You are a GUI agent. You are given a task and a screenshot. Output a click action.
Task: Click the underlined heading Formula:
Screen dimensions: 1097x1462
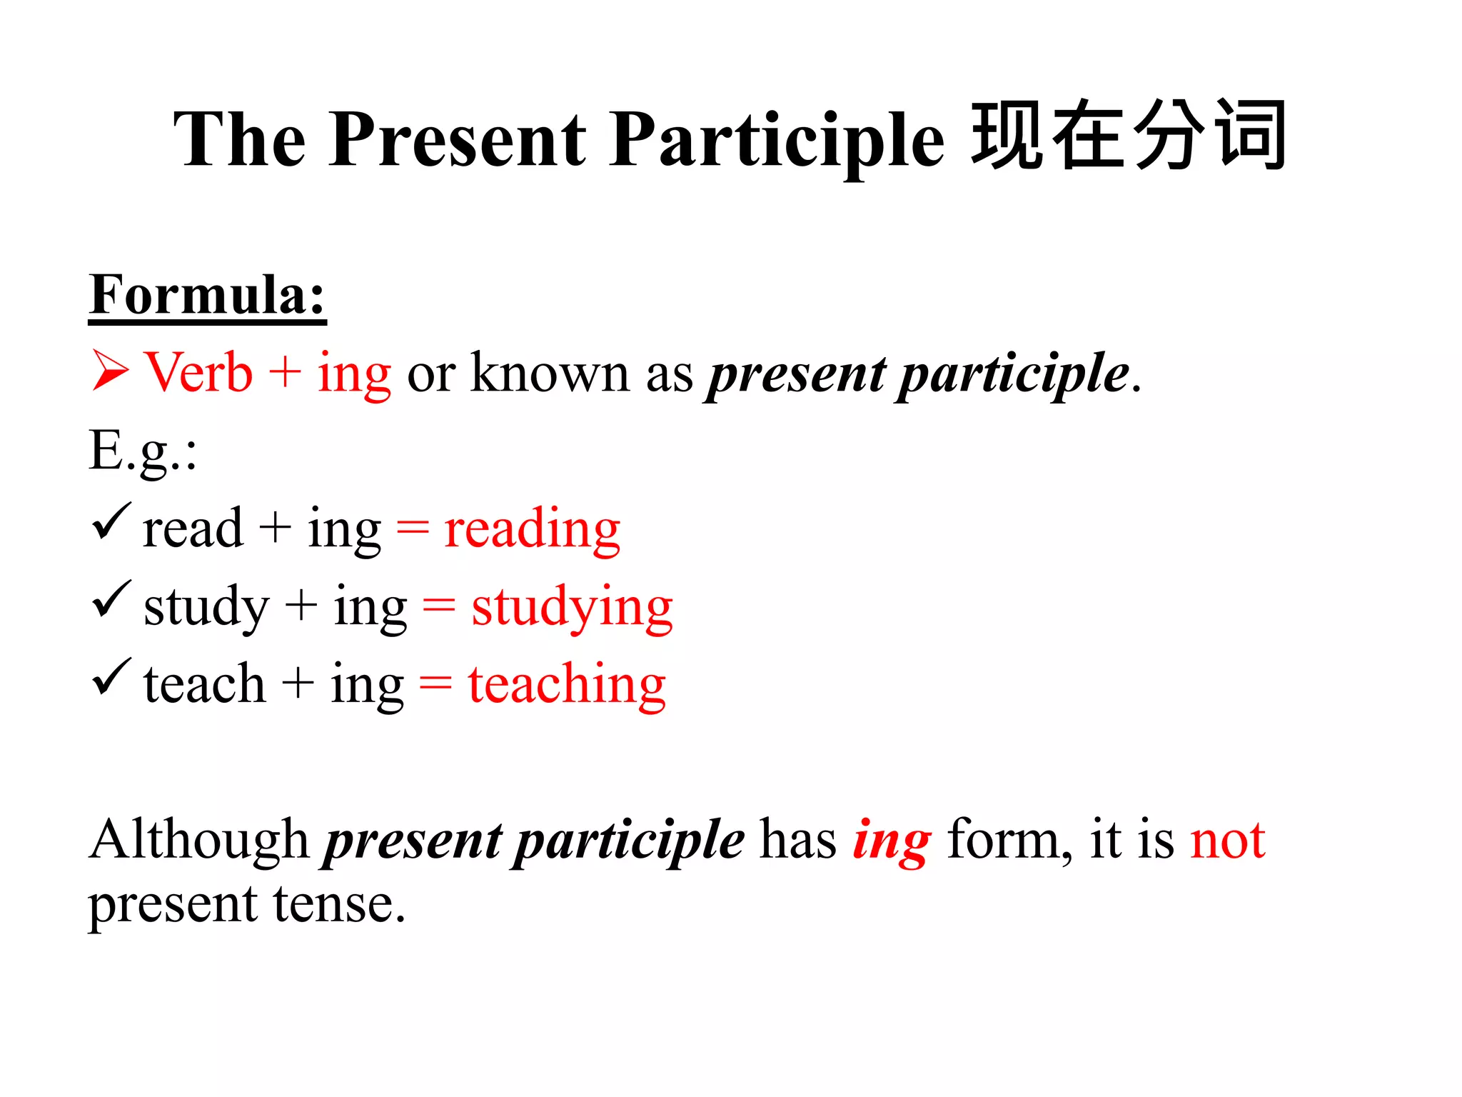pos(207,295)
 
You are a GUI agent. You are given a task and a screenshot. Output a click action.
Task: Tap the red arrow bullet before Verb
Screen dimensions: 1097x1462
pos(110,372)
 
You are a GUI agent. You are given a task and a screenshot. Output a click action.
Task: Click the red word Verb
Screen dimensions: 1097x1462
pos(198,373)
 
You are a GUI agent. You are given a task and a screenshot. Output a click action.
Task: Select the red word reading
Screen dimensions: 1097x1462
pos(532,530)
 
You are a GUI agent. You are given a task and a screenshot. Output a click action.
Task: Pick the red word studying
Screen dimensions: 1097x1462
pos(572,608)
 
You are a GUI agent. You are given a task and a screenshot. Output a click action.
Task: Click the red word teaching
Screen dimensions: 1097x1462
pos(567,685)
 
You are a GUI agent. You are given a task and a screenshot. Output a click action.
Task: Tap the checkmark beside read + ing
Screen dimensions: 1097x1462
pos(111,522)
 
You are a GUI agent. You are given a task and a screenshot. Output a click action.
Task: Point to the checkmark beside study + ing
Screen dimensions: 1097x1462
pos(111,600)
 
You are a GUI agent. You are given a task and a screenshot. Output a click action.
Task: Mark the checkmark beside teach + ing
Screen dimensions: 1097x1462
pos(111,678)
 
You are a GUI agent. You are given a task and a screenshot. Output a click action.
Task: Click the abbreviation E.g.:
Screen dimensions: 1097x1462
pos(142,452)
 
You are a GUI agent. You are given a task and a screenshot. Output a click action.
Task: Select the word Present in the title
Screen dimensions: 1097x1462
pos(457,140)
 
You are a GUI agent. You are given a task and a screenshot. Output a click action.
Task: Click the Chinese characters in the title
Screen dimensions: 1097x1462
pos(1129,136)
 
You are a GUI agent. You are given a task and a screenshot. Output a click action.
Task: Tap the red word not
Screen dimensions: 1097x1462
pos(1227,841)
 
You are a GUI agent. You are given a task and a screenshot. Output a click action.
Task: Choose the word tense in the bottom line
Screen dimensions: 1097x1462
pos(339,905)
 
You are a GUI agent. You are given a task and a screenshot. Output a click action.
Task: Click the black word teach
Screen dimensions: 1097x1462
pos(204,685)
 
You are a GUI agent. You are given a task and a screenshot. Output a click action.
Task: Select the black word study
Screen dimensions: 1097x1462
pos(206,608)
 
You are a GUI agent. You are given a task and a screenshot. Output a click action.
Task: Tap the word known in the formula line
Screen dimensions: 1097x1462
pos(550,373)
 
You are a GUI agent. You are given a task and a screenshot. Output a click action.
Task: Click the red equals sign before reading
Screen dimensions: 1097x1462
pos(413,530)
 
